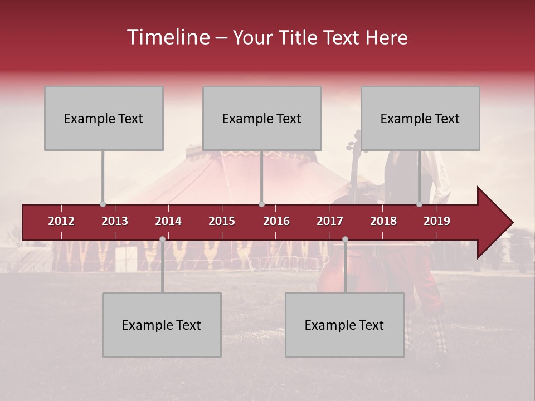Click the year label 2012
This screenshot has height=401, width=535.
61,221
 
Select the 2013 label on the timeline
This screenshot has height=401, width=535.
115,221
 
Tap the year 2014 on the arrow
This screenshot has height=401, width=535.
168,221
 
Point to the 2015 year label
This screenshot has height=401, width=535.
222,221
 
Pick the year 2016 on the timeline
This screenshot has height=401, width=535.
276,221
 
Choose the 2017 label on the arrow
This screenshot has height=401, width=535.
330,221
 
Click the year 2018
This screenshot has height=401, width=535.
383,221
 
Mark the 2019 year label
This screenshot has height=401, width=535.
437,221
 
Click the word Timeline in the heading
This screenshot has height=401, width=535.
168,37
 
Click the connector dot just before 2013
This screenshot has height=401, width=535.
103,204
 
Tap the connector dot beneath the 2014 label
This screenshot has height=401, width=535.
162,239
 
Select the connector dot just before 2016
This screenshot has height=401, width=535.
261,204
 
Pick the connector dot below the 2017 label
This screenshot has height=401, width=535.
345,239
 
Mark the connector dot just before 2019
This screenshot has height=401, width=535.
420,204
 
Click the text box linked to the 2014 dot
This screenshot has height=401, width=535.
162,325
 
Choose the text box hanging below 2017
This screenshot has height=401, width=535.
344,325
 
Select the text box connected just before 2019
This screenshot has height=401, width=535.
420,118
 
